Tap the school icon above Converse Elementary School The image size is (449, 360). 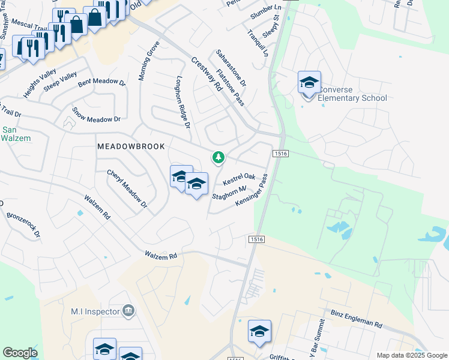pos(309,82)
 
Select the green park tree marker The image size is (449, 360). pos(218,158)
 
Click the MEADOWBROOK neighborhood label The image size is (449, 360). pos(131,146)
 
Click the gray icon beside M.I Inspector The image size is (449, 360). pos(128,311)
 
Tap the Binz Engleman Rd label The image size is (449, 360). pos(357,319)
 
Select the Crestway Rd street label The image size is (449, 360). pos(206,73)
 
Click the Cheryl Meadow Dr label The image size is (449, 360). pos(127,188)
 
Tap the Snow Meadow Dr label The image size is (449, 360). pos(96,115)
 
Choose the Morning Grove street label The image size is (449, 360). pos(148,61)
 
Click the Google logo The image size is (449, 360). pos(20,353)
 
